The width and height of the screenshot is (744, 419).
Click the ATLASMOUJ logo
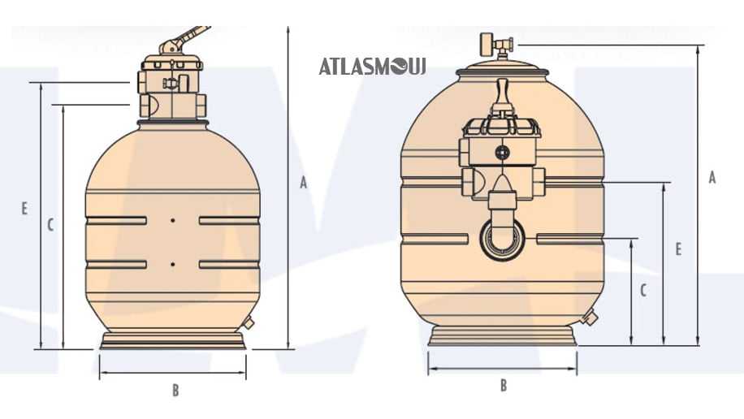[x=373, y=67]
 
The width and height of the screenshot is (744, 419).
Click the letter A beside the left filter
[x=304, y=182]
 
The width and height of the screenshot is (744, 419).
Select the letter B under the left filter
[x=175, y=390]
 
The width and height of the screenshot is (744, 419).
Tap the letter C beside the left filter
[x=51, y=225]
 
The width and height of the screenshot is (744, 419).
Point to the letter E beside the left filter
[x=24, y=209]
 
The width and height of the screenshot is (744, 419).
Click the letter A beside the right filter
[x=712, y=178]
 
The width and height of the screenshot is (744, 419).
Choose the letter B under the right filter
[x=504, y=386]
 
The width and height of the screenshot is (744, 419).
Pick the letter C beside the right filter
[x=643, y=291]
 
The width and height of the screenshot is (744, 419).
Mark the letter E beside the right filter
[x=678, y=249]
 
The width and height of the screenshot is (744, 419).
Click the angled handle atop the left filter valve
[x=184, y=40]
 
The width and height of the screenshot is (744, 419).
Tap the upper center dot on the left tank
[x=173, y=220]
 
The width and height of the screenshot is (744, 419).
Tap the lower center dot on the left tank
[x=173, y=264]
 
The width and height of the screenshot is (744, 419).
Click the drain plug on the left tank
[x=249, y=323]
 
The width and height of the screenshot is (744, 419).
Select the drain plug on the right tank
[x=589, y=317]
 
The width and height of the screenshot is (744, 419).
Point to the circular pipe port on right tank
[x=503, y=240]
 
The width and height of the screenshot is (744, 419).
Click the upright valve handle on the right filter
[x=503, y=97]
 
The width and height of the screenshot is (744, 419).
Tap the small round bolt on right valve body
[x=502, y=153]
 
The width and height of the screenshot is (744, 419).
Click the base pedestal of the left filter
[x=173, y=340]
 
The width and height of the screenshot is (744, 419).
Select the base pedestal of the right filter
[x=503, y=336]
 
